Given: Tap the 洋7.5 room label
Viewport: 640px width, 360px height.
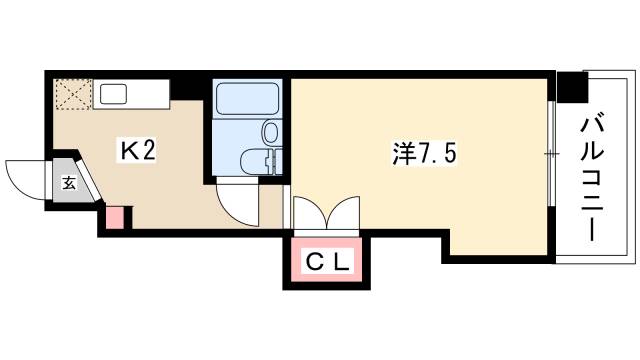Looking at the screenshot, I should point(424,155).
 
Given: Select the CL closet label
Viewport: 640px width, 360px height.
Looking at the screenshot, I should point(327,264).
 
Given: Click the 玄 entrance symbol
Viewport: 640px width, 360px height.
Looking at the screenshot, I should point(69,183).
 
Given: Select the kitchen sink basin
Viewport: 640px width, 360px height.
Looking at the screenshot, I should point(111,96).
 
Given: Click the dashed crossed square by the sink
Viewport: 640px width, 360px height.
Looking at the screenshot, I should point(74,96).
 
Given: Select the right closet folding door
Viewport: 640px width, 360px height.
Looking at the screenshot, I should point(343,214).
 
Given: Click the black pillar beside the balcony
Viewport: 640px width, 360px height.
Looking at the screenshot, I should point(572,88).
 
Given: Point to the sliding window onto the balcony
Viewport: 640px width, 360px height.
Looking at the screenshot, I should point(550,155).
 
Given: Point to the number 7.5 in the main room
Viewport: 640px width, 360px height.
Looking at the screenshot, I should point(438,155).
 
